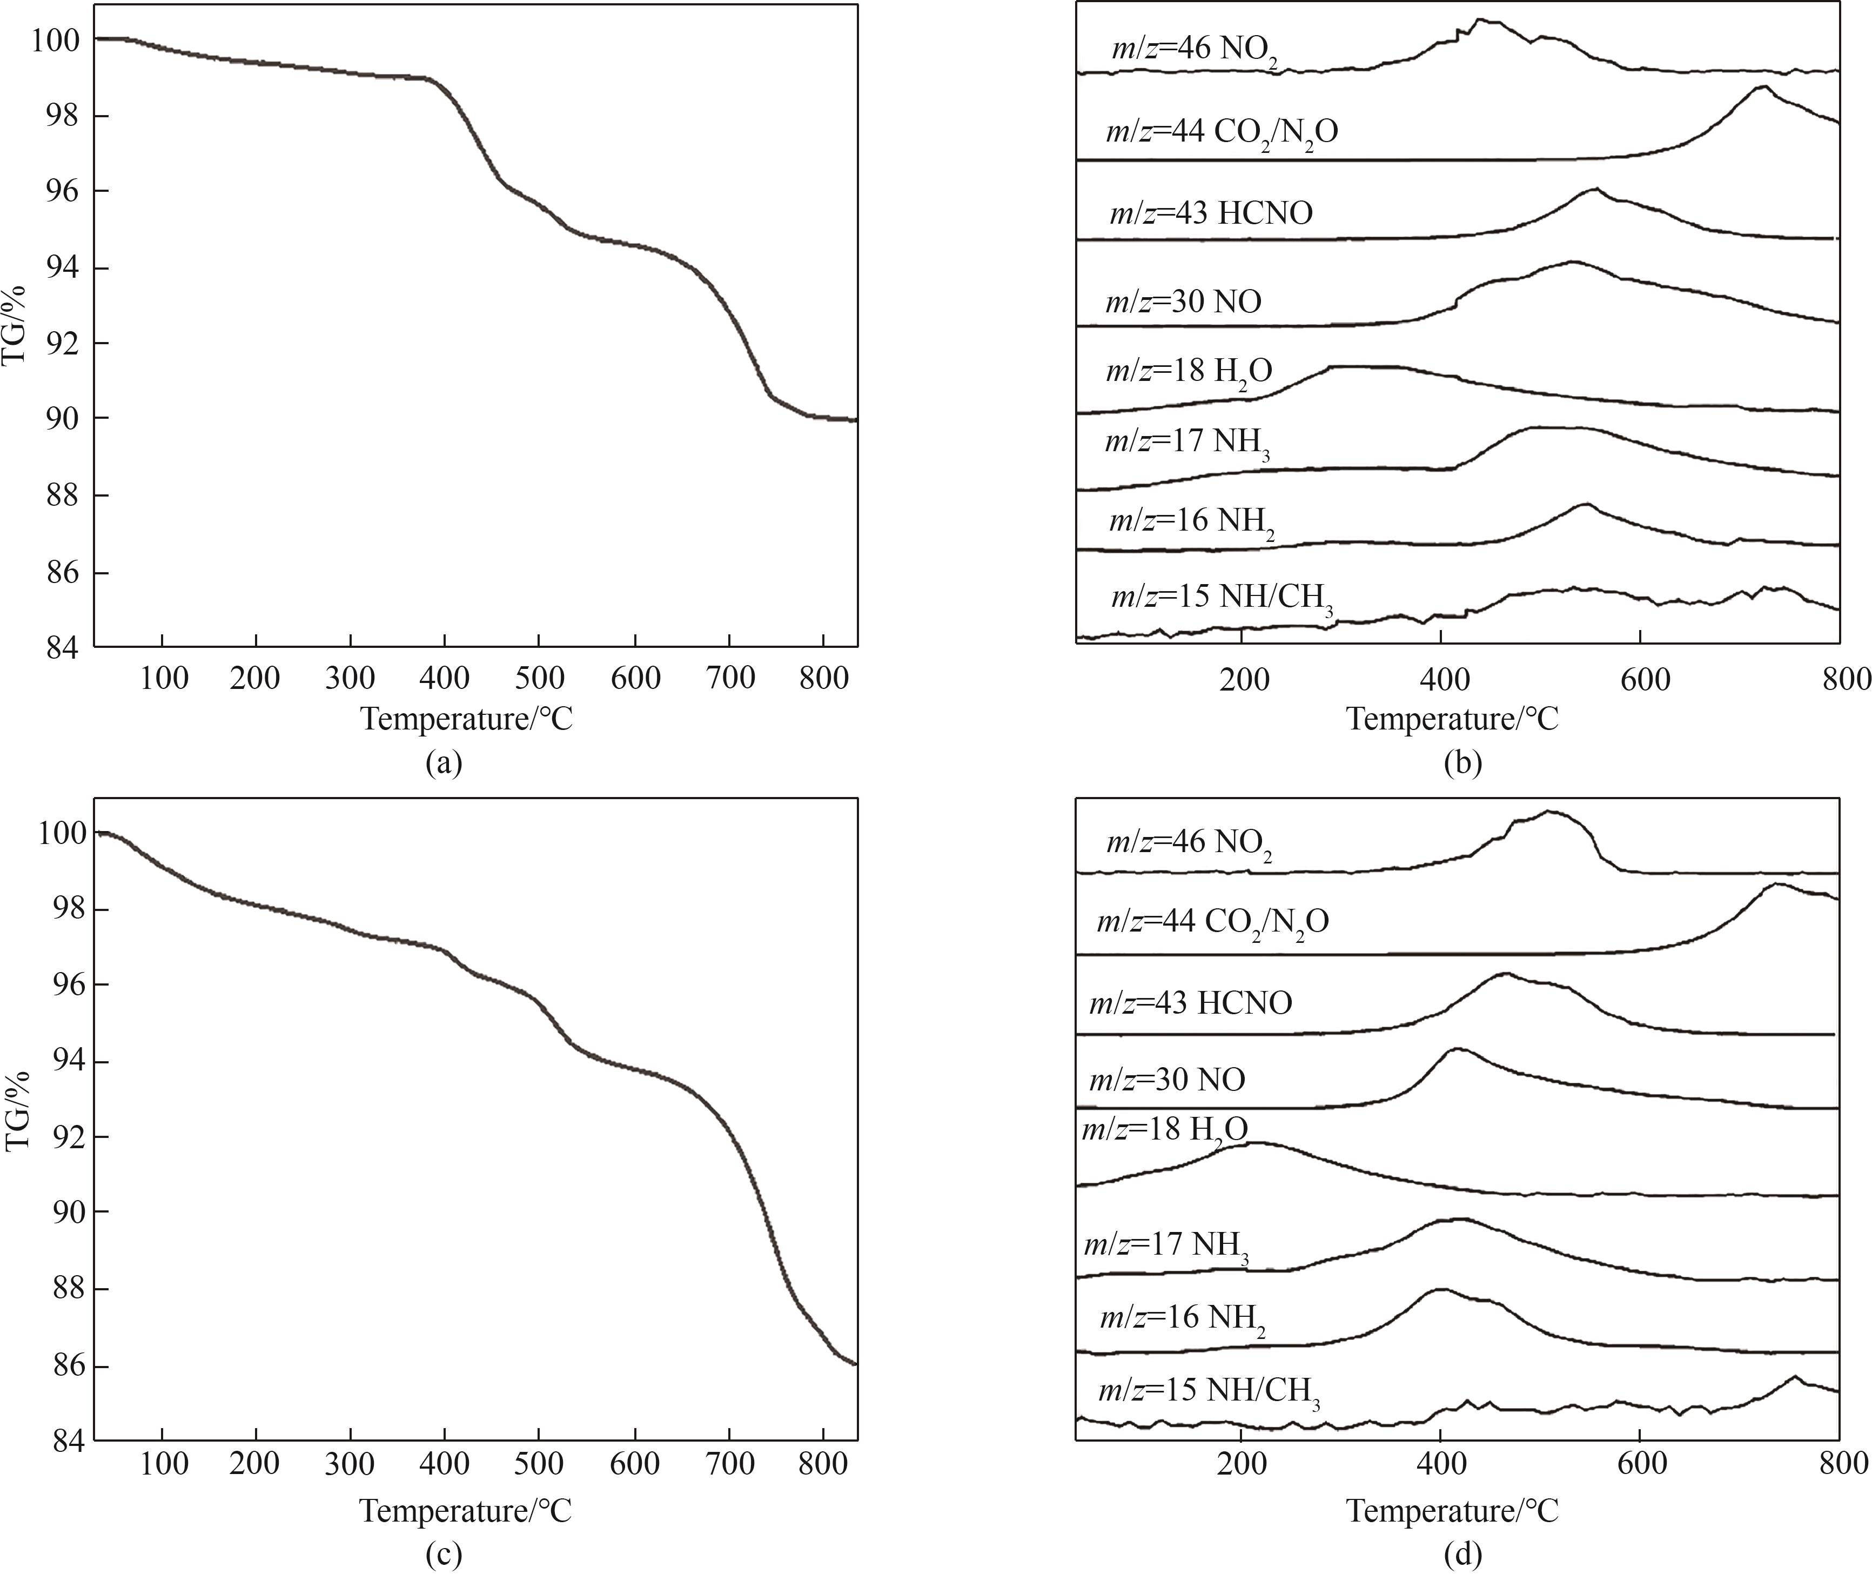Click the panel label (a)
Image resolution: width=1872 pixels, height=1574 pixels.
pos(444,764)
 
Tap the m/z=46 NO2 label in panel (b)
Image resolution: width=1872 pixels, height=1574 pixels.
pos(1194,49)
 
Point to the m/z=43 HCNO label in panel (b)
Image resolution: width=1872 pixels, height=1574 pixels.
pos(1211,213)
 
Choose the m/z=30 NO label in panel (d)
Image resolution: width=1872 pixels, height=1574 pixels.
pos(1167,1081)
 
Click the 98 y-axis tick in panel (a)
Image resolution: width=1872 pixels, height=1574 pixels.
pos(63,117)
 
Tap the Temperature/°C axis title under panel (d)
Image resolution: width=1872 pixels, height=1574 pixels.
pos(1452,1511)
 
